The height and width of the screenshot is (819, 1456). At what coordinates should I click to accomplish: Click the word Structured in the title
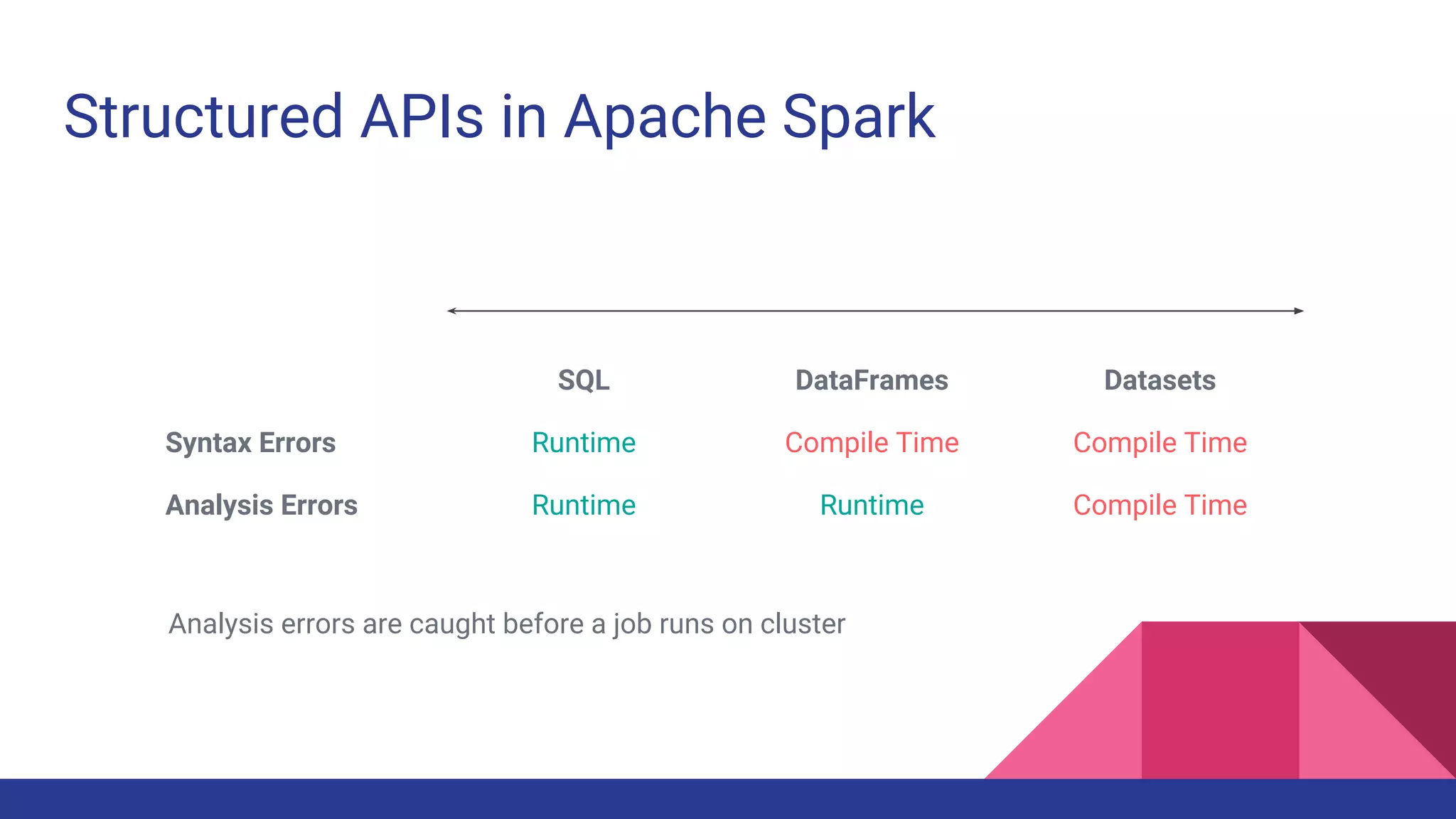pos(204,117)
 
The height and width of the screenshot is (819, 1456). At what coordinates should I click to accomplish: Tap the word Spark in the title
pos(858,117)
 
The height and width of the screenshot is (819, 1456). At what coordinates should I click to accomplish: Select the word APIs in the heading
pos(422,117)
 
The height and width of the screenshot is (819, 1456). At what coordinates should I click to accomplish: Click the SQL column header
pos(584,380)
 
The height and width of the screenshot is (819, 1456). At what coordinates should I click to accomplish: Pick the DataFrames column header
pos(872,380)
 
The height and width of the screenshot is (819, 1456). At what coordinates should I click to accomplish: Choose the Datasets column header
pos(1160,380)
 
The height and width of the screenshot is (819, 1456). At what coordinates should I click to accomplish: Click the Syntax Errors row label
pos(250,443)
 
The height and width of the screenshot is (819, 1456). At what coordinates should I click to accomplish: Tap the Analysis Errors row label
pos(262,505)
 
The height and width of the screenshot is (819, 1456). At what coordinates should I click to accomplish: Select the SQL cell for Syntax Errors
pos(584,443)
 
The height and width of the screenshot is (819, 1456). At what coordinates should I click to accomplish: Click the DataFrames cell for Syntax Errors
pos(872,443)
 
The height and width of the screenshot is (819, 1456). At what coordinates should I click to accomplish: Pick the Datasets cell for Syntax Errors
pos(1160,443)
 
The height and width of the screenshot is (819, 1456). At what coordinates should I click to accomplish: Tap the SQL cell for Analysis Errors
pos(584,505)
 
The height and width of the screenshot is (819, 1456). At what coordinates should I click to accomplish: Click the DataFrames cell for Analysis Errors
pos(872,505)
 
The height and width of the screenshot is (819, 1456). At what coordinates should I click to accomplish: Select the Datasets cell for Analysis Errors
pos(1160,505)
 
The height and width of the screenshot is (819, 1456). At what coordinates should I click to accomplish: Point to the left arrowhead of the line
pos(451,311)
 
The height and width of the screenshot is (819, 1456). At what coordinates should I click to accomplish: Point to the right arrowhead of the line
pos(1299,311)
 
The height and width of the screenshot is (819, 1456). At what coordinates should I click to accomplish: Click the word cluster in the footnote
pos(803,624)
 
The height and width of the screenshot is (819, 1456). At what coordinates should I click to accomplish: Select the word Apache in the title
pos(665,117)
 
